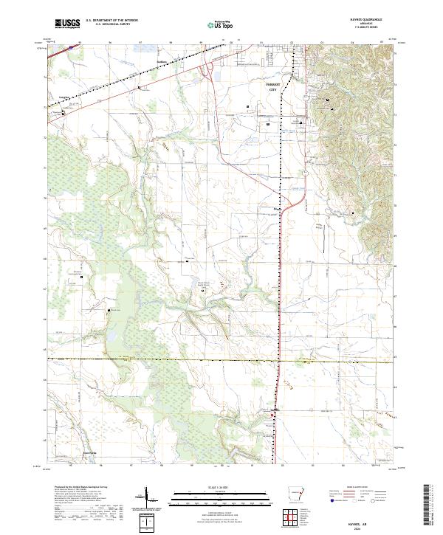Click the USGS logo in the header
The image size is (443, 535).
click(68, 24)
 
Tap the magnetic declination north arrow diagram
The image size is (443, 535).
click(151, 502)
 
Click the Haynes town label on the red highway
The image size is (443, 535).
click(274, 410)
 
